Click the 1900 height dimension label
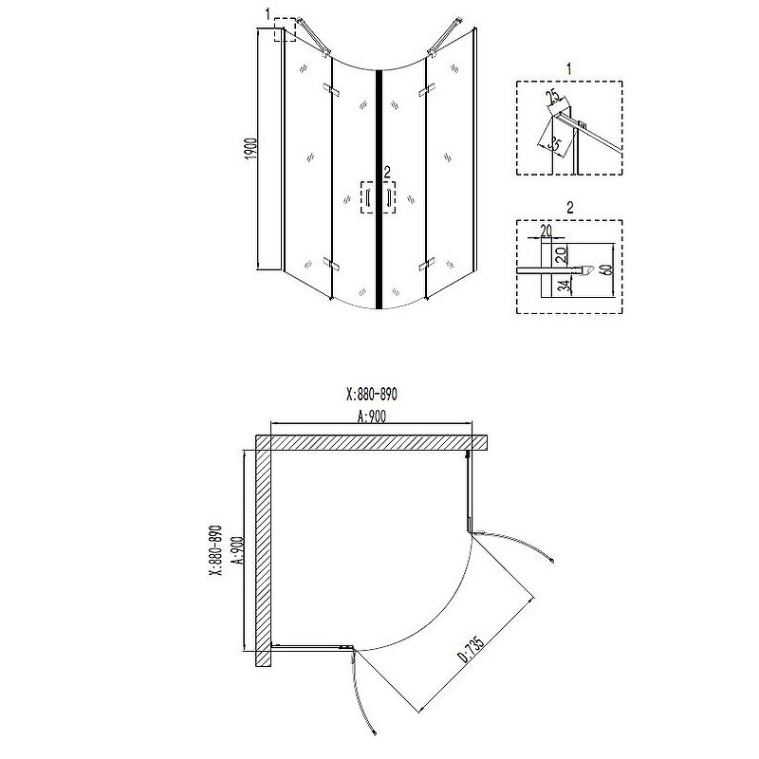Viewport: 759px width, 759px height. pyautogui.click(x=251, y=149)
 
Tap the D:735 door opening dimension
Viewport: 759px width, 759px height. pyautogui.click(x=471, y=649)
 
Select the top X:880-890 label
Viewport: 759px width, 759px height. pyautogui.click(x=372, y=395)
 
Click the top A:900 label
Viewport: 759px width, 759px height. pyautogui.click(x=372, y=416)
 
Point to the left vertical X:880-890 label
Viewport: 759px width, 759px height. pyautogui.click(x=215, y=550)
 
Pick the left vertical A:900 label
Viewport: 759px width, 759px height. pyautogui.click(x=238, y=551)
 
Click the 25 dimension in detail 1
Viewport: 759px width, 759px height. pyautogui.click(x=555, y=96)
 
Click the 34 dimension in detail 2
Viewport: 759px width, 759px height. pyautogui.click(x=563, y=287)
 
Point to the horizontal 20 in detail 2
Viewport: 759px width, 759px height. pyautogui.click(x=546, y=231)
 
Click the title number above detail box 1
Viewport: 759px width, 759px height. pyautogui.click(x=569, y=69)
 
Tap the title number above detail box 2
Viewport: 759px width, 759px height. pyautogui.click(x=570, y=207)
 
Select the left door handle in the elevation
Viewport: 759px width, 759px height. pyautogui.click(x=367, y=198)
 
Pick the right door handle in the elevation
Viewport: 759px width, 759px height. pyautogui.click(x=388, y=198)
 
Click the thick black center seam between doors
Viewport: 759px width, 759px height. pyautogui.click(x=379, y=190)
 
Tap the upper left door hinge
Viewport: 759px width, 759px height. pyautogui.click(x=331, y=89)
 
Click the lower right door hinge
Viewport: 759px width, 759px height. pyautogui.click(x=426, y=267)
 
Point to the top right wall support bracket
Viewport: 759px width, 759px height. pyautogui.click(x=444, y=37)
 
